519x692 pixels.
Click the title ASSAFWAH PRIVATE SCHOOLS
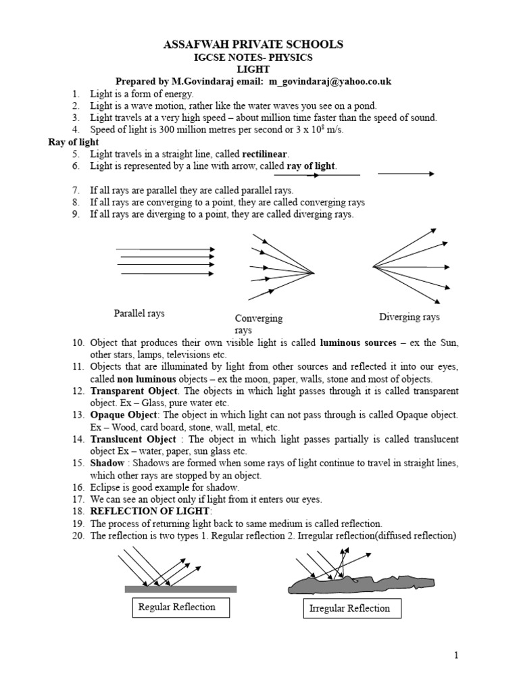[x=253, y=45]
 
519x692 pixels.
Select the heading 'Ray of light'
[x=73, y=142]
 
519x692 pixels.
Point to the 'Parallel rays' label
[x=139, y=314]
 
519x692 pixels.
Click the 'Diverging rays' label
[x=409, y=317]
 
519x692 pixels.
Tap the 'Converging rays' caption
[x=258, y=324]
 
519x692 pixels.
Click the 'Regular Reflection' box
[x=177, y=607]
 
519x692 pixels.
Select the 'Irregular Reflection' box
[x=349, y=608]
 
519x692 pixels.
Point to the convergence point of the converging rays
[x=314, y=273]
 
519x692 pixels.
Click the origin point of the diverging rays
[x=374, y=267]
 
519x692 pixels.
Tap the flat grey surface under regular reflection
[x=180, y=589]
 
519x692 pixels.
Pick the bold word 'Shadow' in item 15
[x=107, y=463]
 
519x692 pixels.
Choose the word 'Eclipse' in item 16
[x=106, y=487]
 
